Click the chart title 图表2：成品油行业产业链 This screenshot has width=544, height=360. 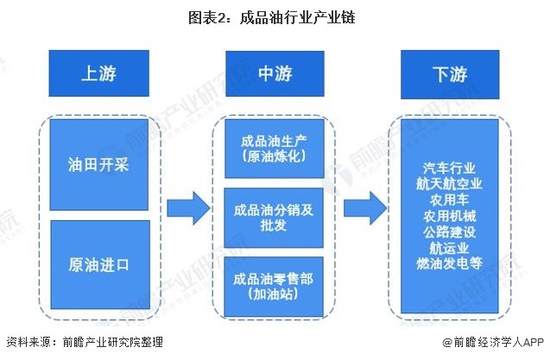(x=272, y=16)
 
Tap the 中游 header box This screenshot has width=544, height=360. (x=273, y=74)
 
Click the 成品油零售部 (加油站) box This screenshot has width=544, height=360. (x=273, y=286)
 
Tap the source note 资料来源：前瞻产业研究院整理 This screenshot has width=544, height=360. (x=84, y=343)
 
